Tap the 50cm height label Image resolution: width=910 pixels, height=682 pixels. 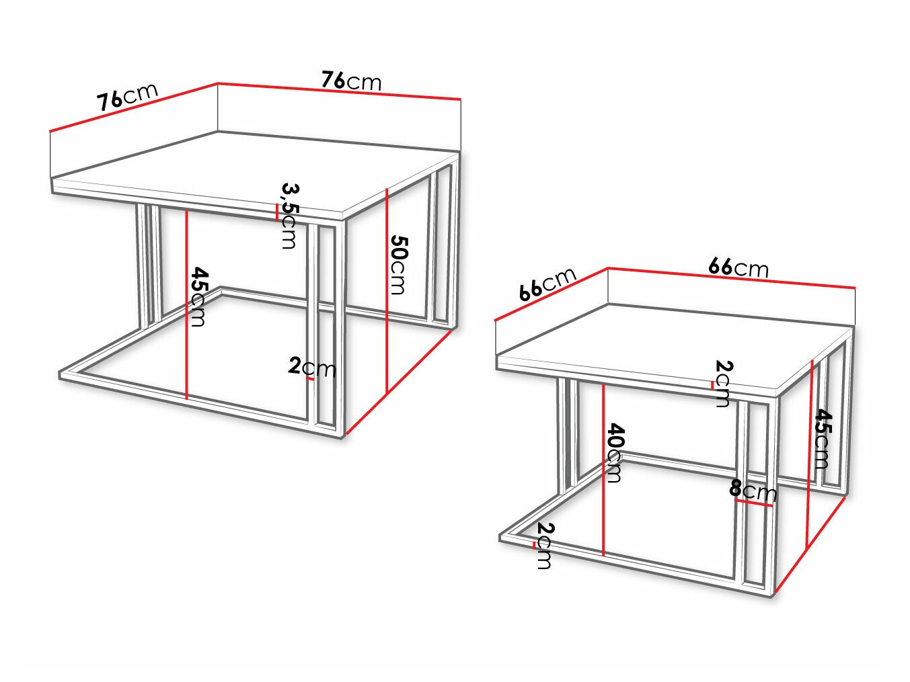398,264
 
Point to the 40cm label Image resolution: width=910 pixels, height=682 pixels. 614,452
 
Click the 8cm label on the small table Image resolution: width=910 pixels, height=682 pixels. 753,491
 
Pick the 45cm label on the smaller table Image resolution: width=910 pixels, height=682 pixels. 823,438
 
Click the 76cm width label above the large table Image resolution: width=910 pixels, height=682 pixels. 350,81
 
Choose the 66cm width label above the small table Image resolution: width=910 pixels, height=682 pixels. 738,267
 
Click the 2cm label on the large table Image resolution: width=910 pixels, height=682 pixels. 311,367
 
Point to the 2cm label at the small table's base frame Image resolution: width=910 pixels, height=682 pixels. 544,545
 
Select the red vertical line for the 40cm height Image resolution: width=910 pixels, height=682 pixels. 604,470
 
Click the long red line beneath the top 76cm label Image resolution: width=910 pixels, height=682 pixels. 340,91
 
